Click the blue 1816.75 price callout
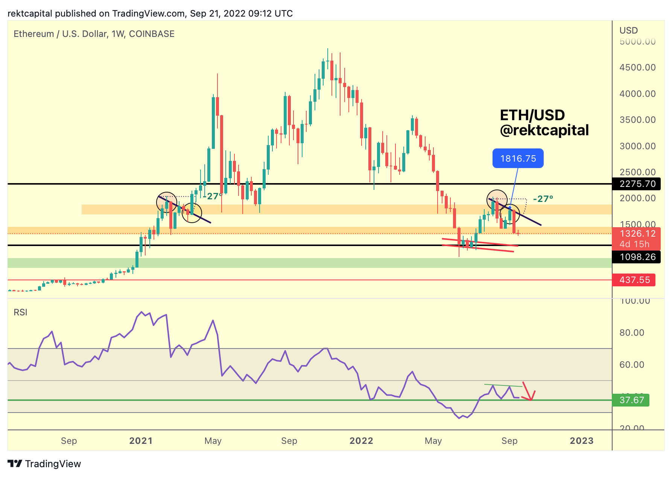[x=518, y=159]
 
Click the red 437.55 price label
[x=634, y=280]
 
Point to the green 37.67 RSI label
[x=631, y=400]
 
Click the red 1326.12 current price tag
[x=637, y=234]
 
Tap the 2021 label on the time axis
[x=141, y=441]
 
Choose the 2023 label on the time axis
[x=581, y=441]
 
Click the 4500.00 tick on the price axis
[x=637, y=67]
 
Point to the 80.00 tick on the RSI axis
[x=632, y=333]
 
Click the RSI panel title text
[x=20, y=312]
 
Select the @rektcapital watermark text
[x=544, y=130]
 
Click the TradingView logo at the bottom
[x=44, y=464]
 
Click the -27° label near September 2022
[x=543, y=199]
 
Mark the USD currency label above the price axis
[x=628, y=31]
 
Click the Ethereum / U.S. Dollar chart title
[x=94, y=34]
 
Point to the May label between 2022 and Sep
[x=433, y=441]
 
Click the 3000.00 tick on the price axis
[x=637, y=146]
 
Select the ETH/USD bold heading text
[x=532, y=115]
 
